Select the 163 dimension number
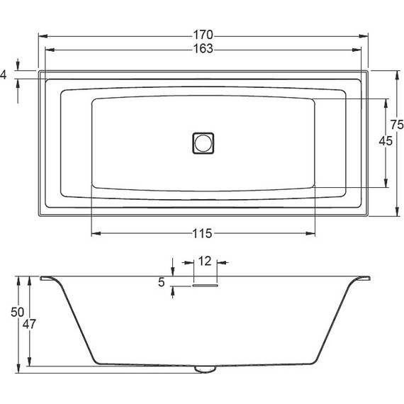pos(203,48)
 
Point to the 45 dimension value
pos(386,141)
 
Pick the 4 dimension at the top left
pos(4,74)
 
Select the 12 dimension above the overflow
pos(204,262)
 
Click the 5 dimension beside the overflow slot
pos(162,282)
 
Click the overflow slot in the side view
pos(205,286)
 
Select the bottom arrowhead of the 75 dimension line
pos(395,211)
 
